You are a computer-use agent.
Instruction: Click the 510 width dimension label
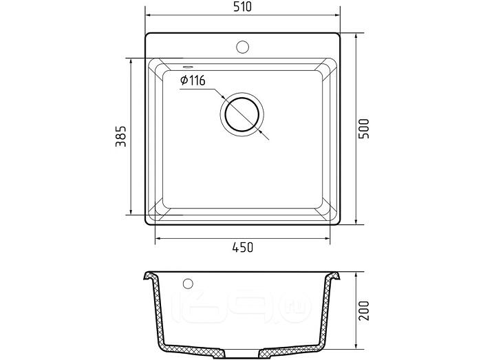[x=242, y=6]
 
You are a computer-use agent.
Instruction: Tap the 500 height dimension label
[x=364, y=129]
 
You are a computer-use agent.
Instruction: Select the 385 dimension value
[x=121, y=136]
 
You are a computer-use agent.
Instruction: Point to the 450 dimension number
[x=243, y=247]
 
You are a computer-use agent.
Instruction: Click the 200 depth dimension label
[x=364, y=310]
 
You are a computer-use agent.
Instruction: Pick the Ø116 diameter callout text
[x=193, y=81]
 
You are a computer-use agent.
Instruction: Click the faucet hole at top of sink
[x=242, y=47]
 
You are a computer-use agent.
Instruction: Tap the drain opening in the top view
[x=242, y=114]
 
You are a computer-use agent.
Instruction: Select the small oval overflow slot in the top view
[x=187, y=66]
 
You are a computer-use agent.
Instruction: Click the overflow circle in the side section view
[x=188, y=284]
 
